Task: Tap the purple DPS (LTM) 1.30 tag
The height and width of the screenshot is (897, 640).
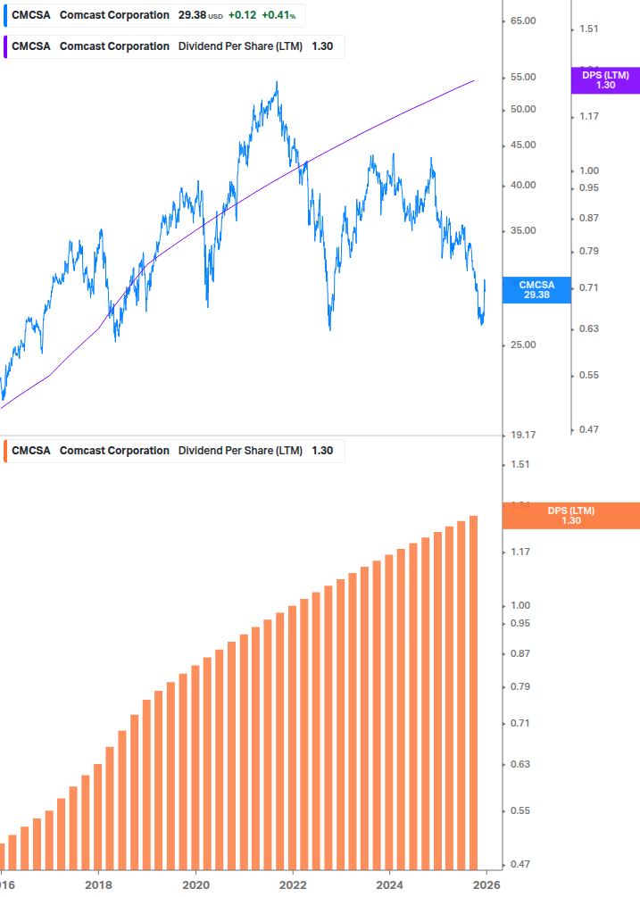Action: [604, 80]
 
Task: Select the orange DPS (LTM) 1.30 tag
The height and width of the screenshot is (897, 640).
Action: [571, 515]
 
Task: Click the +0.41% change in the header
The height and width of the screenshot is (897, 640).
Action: [278, 15]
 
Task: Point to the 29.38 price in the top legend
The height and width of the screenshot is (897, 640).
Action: [192, 15]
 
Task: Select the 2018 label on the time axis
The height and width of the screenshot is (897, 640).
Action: [98, 885]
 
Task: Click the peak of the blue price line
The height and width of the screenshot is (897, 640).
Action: [277, 82]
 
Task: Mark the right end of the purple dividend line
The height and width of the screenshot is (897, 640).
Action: [474, 80]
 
